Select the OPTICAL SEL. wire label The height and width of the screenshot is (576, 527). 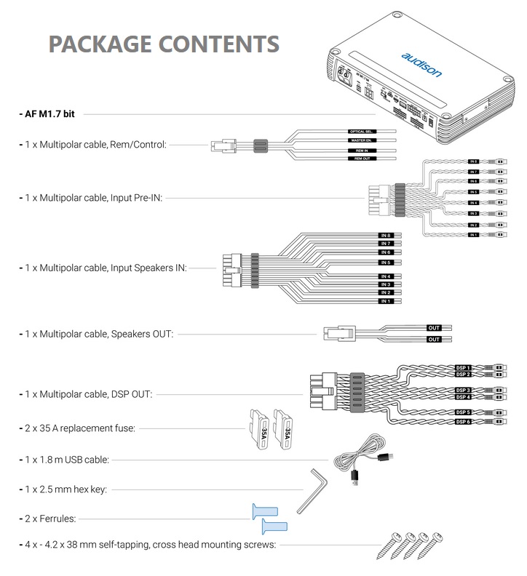click(x=361, y=131)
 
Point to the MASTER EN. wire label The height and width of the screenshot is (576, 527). click(x=361, y=140)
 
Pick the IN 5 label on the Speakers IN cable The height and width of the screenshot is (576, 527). click(x=386, y=262)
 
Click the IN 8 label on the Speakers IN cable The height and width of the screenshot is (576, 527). click(x=386, y=236)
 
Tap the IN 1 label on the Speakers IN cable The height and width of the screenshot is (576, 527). click(x=386, y=300)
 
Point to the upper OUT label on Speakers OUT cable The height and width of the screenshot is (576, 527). click(x=435, y=328)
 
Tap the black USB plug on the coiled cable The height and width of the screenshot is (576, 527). click(x=355, y=476)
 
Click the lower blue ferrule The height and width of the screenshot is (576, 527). click(x=274, y=526)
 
